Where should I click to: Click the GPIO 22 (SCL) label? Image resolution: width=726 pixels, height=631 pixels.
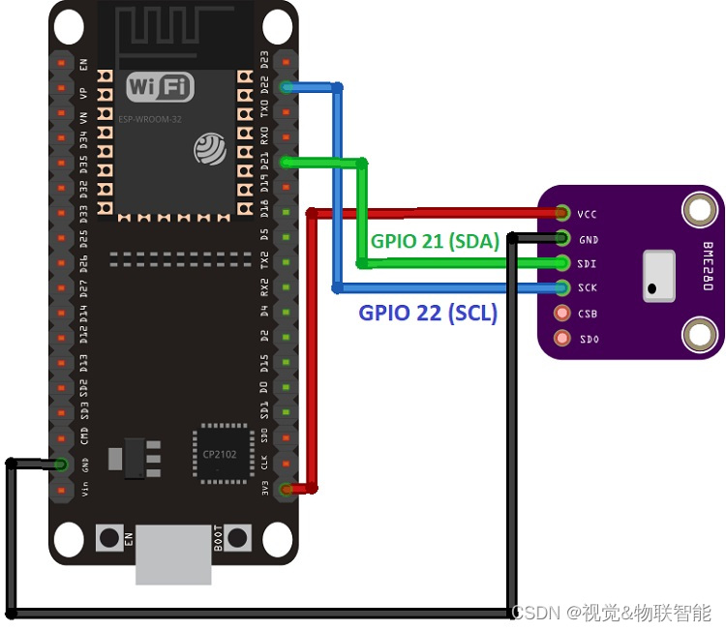428,313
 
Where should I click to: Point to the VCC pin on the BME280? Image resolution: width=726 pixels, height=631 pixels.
563,212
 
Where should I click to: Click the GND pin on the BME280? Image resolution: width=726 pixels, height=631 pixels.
563,237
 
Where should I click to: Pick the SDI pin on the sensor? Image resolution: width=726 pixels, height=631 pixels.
563,262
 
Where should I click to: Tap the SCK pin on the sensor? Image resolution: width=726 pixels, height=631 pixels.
563,287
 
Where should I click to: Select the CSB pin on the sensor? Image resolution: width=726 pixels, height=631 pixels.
561,313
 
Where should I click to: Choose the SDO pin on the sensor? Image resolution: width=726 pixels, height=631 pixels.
561,338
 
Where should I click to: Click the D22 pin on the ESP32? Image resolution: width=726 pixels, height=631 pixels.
287,87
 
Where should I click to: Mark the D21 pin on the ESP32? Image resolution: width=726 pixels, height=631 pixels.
287,163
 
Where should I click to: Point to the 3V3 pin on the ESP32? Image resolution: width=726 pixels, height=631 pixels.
287,490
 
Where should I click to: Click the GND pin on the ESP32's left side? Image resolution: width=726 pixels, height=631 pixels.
61,465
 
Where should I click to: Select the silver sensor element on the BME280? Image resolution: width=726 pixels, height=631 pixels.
659,274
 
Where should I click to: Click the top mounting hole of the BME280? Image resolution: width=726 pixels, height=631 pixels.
697,210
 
